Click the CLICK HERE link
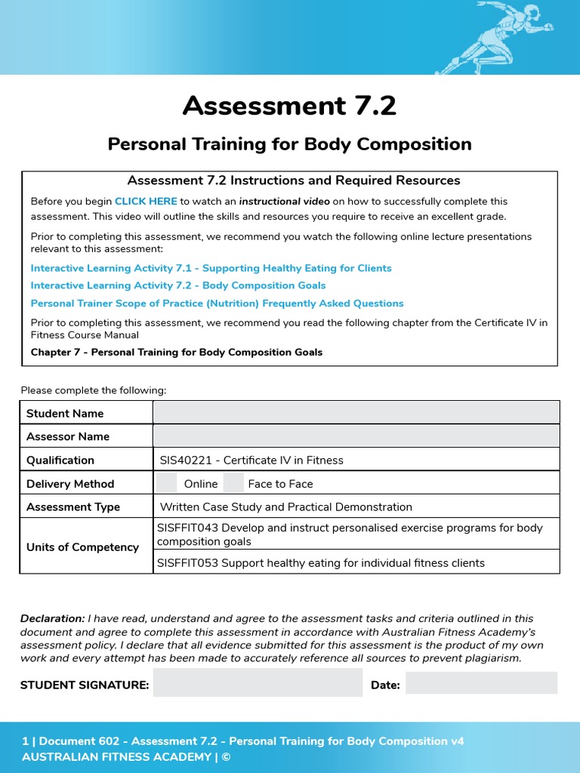pos(146,202)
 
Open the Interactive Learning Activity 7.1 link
pos(211,268)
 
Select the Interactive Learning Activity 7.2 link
pos(178,285)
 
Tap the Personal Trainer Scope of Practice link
pos(217,303)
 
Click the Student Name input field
pos(356,413)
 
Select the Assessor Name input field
pos(356,436)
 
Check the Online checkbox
pos(167,483)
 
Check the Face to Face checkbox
pos(234,483)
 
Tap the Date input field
pos(481,683)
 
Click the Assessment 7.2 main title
pos(289,106)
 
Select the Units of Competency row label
pos(82,547)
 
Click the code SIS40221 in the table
pos(187,460)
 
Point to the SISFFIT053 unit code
pos(187,563)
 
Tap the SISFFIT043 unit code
pos(187,528)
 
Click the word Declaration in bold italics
pos(52,618)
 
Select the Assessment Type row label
pos(73,507)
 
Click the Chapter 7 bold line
pos(176,353)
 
